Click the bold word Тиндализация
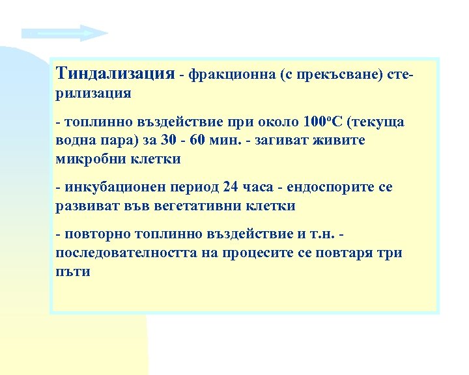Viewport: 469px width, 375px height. [115, 74]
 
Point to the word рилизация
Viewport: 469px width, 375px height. [93, 93]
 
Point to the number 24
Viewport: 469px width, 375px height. [231, 187]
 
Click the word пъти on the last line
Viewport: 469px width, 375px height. [73, 271]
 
